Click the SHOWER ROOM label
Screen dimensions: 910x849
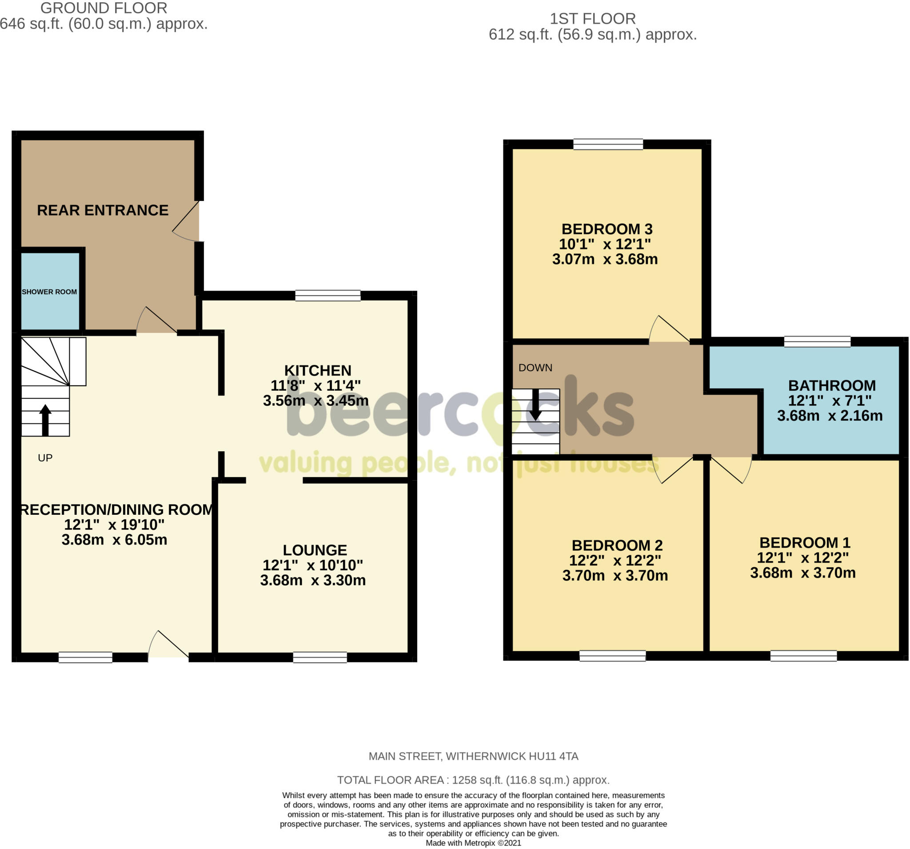(49, 292)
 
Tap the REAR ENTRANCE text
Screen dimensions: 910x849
(103, 210)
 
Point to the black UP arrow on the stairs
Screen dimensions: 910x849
(45, 420)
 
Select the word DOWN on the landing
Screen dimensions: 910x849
(535, 368)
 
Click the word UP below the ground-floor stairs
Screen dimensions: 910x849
(45, 458)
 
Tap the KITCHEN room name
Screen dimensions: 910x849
(318, 370)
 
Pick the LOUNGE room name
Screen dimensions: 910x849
(315, 549)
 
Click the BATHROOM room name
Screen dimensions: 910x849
(832, 385)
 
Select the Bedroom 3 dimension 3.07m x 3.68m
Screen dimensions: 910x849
(605, 259)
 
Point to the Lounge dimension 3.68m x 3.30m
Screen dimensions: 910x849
(313, 580)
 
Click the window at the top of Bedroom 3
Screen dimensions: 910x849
(608, 144)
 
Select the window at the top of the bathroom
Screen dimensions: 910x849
(817, 342)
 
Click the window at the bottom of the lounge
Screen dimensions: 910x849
(320, 657)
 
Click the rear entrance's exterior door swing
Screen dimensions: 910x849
(185, 221)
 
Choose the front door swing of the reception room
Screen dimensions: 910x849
(168, 644)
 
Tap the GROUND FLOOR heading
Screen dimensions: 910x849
(104, 8)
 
